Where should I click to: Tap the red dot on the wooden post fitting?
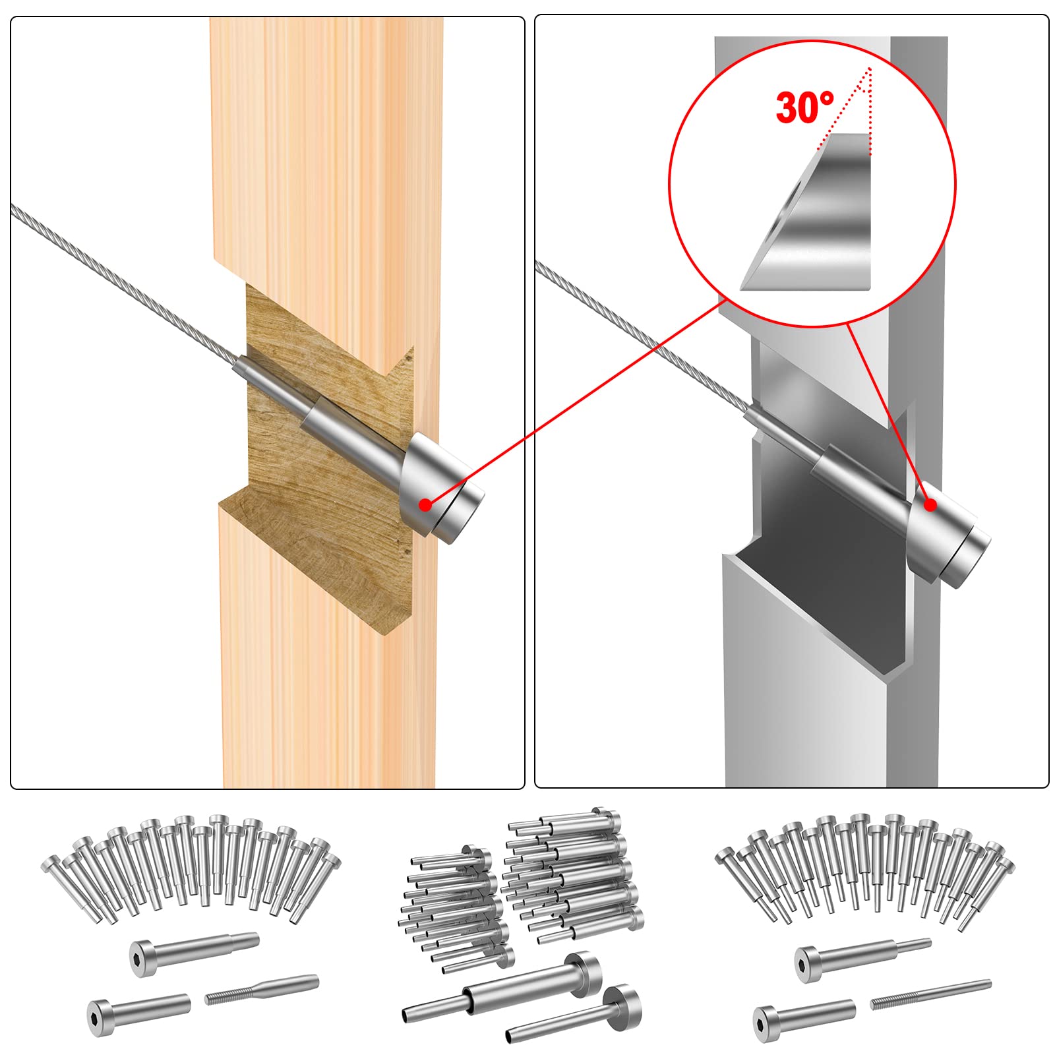click(426, 504)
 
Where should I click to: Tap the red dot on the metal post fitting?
click(930, 505)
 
